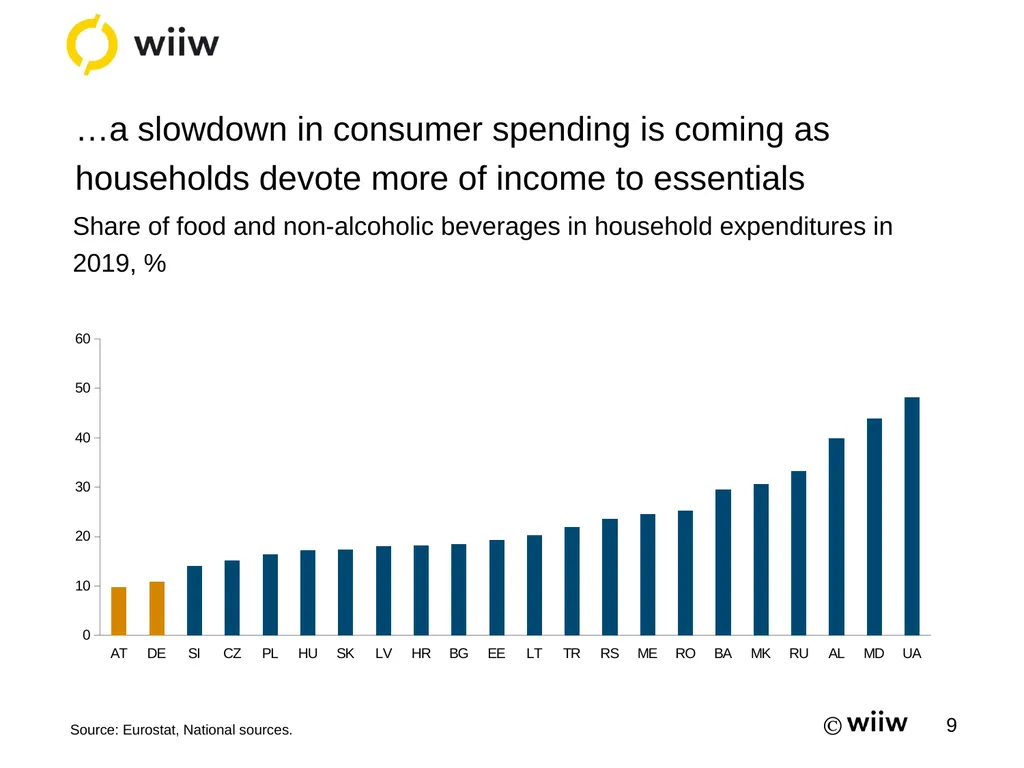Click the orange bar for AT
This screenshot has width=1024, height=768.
point(118,611)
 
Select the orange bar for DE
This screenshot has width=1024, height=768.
point(157,608)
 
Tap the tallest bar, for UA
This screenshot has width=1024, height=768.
point(912,516)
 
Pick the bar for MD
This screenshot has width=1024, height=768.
point(874,526)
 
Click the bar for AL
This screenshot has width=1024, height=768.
point(836,536)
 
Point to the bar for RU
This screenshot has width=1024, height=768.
point(798,552)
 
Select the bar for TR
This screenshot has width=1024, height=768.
point(571,581)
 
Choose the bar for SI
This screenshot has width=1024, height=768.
point(194,600)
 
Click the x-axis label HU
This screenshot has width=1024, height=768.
point(308,653)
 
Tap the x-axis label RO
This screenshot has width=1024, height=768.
point(685,653)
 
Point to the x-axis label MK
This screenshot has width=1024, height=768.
point(760,653)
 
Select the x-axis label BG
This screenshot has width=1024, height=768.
point(458,653)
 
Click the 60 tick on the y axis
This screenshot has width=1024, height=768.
point(83,338)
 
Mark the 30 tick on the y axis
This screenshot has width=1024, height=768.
point(83,487)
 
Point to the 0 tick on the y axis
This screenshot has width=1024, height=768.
point(86,635)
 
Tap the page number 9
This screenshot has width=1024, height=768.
point(952,725)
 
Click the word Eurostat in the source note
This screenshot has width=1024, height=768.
point(152,729)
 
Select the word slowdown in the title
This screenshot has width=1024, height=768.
point(212,129)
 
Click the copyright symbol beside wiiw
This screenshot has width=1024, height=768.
point(833,726)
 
